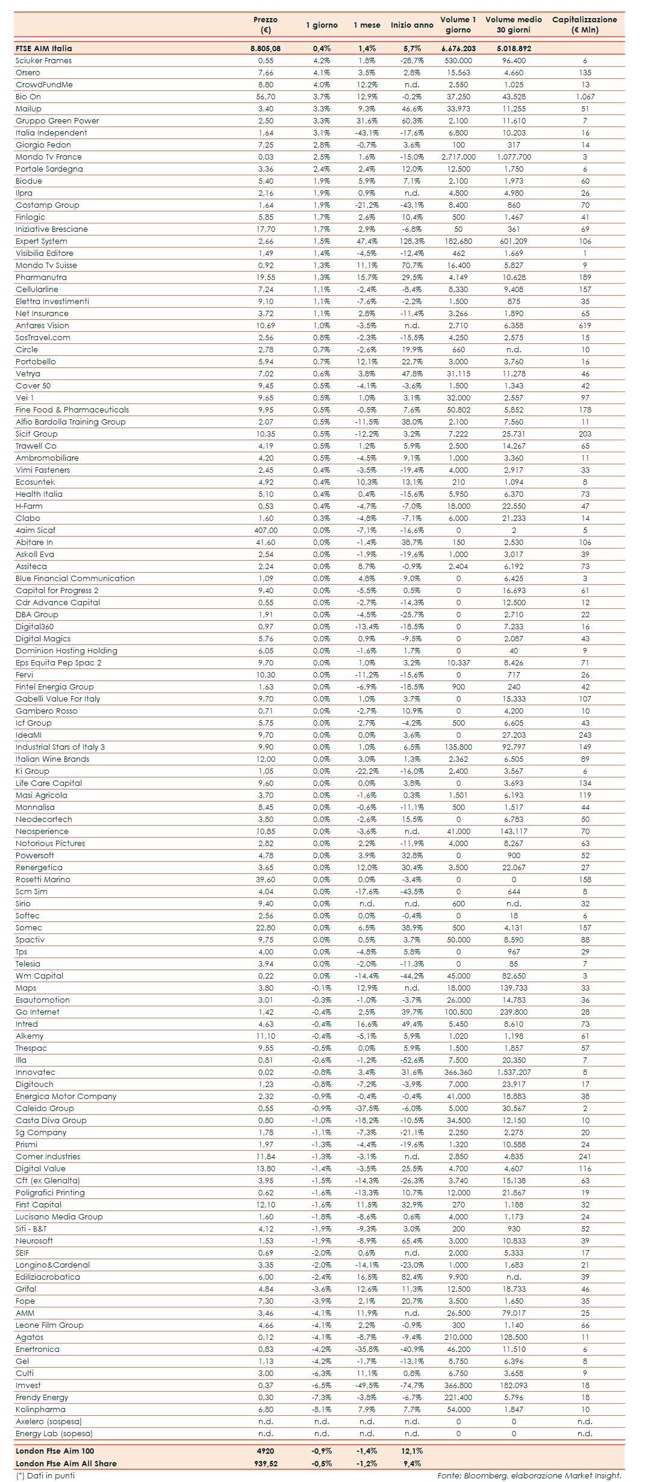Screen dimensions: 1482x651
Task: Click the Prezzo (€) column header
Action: [265, 25]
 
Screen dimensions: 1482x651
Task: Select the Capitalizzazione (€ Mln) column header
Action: [584, 25]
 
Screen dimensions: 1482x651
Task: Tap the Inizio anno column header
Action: [412, 25]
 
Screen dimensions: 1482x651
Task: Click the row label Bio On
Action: [28, 96]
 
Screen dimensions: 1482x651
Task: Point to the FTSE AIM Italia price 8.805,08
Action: [265, 48]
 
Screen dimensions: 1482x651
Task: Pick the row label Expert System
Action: [42, 241]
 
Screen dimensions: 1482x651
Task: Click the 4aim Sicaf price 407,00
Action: [265, 530]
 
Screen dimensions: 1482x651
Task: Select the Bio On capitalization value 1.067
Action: [584, 96]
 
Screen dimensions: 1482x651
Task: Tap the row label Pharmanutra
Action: [41, 277]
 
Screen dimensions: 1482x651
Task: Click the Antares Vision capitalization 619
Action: [584, 325]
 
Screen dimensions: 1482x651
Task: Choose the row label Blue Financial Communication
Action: [75, 578]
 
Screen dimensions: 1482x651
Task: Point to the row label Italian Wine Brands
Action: [52, 759]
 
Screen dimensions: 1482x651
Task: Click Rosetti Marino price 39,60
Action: [265, 879]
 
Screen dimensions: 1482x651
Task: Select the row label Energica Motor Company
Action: [66, 1096]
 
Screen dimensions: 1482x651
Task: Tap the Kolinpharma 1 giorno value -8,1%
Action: [322, 1409]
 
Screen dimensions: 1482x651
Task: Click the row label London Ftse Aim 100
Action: [55, 1451]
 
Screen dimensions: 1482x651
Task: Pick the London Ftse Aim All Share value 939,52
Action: [265, 1463]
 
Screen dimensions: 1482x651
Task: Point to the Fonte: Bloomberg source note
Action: [529, 1475]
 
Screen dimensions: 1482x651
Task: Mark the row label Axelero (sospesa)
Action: [49, 1421]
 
